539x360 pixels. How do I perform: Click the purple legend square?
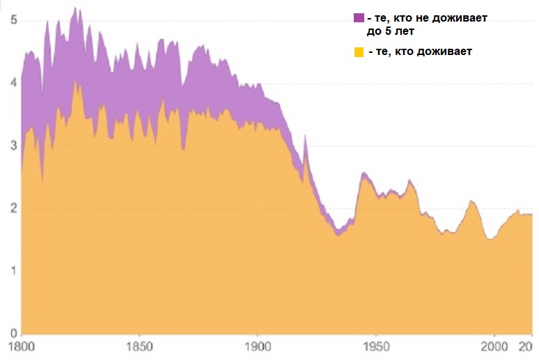point(359,17)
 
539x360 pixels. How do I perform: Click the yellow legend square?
point(359,52)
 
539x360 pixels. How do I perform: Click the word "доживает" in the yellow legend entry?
point(446,52)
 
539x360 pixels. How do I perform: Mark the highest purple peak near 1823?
point(75,8)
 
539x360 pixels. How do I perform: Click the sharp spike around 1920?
point(305,136)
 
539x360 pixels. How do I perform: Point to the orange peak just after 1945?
point(364,173)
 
